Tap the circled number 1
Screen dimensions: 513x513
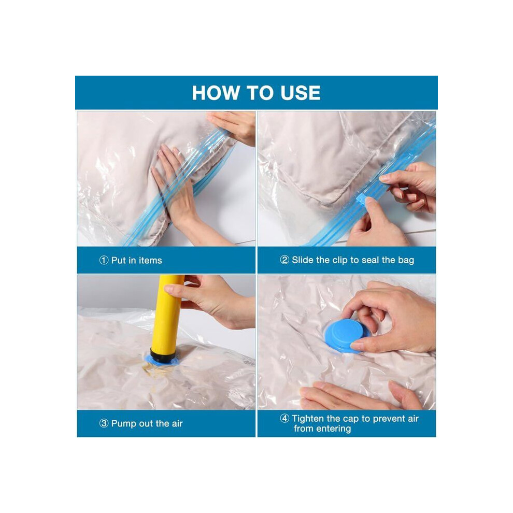tap(104, 261)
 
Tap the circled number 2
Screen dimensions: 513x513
tap(284, 260)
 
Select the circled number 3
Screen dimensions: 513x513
tap(104, 423)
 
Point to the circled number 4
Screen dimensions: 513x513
tap(284, 419)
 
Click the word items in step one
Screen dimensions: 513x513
tap(150, 261)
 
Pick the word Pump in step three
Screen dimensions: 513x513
tap(124, 424)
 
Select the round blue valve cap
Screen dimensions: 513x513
tap(345, 335)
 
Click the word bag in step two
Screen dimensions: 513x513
tap(406, 261)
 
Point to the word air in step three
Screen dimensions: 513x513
tap(177, 424)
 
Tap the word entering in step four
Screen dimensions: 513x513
tap(334, 429)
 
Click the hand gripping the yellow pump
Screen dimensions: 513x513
tap(209, 302)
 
